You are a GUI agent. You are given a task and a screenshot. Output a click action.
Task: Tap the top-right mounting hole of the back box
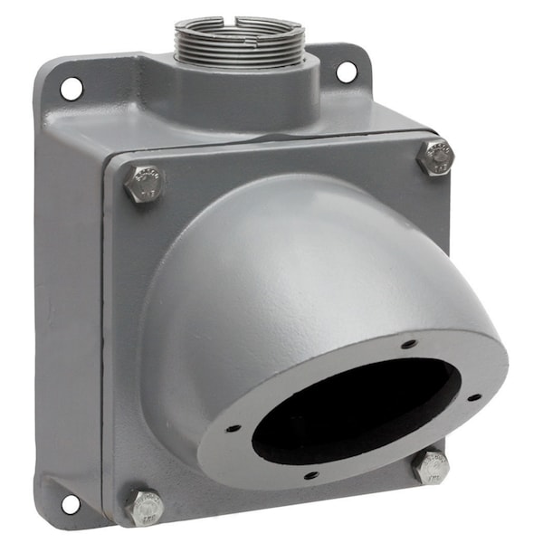(346, 71)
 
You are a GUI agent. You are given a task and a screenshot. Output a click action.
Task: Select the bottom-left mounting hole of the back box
(70, 503)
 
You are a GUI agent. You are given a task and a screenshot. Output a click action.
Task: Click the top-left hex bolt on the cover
(143, 184)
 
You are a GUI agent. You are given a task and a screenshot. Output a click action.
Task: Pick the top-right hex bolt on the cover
(436, 157)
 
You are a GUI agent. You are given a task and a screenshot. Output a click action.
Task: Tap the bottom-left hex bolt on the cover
(145, 508)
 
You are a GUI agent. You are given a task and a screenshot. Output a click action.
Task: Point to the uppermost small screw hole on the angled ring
(409, 344)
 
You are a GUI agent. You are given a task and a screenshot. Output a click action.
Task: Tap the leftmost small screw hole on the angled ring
(233, 428)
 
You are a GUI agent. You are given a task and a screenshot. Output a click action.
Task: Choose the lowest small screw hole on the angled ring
(311, 474)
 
